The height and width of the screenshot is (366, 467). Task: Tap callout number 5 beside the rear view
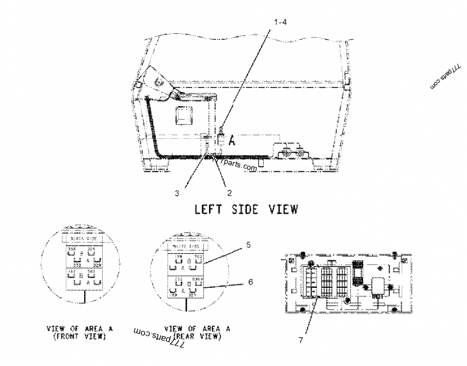pos(249,245)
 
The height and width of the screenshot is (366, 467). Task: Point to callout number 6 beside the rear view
pos(250,282)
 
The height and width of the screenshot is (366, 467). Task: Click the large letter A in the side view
pos(232,141)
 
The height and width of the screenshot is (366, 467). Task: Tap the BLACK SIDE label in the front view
pos(82,239)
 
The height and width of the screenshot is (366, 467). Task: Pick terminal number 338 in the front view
pos(72,249)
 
